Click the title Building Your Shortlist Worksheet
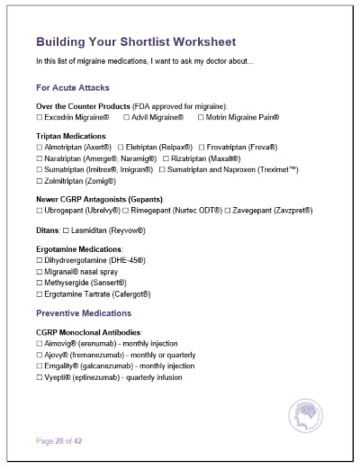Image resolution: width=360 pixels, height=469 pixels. (x=136, y=41)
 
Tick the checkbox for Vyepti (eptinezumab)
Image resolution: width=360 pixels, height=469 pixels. (x=40, y=378)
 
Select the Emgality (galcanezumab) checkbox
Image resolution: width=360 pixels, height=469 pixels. (x=40, y=366)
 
